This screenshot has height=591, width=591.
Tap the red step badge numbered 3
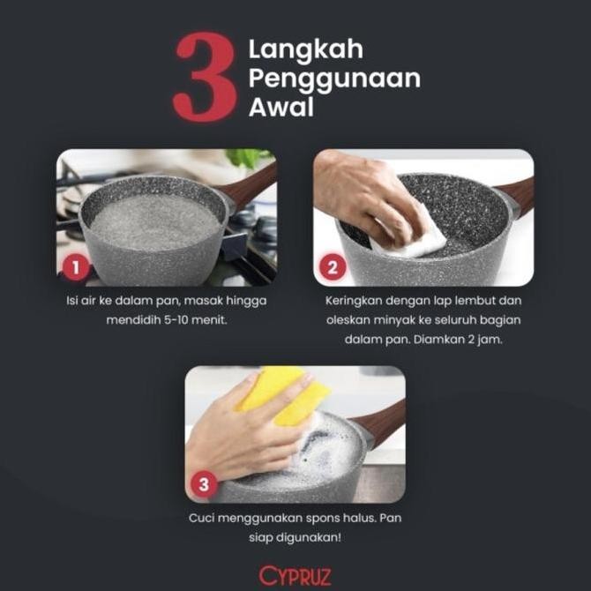tap(205, 484)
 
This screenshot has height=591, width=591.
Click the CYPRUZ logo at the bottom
tap(295, 575)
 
